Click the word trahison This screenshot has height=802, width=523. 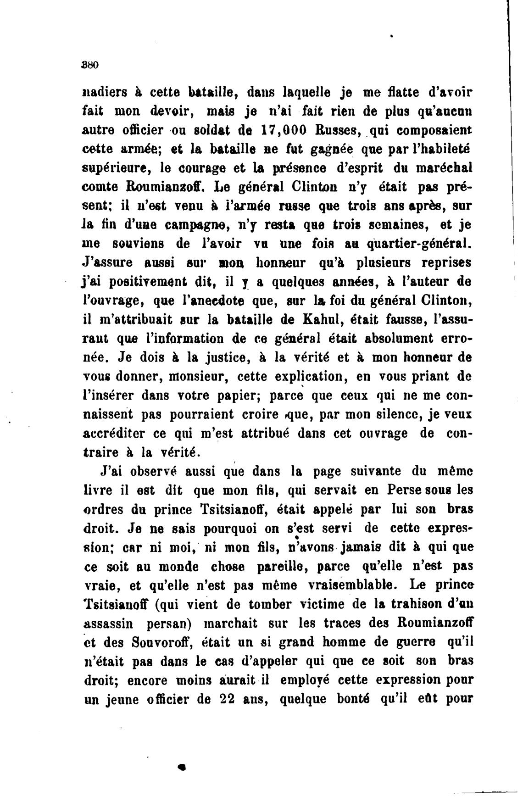point(417,605)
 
